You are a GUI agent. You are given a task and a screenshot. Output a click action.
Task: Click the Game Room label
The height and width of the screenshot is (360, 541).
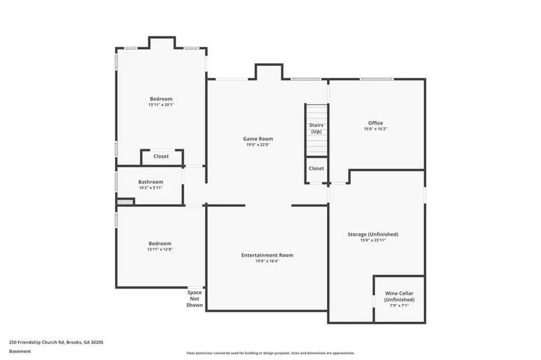pos(258,139)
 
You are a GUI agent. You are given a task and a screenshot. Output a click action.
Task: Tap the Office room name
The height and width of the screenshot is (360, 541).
pos(375,123)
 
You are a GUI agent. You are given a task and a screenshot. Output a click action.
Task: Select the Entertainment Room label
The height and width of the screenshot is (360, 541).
pos(267,255)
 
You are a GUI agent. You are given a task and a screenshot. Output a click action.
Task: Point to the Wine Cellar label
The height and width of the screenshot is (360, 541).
pos(399,293)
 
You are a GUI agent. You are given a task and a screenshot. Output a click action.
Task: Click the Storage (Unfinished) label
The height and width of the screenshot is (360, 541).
pos(373,235)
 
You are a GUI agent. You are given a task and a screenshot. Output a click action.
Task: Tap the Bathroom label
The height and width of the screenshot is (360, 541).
pos(151,182)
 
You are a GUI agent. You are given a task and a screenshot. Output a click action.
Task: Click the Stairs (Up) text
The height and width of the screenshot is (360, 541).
pos(316,128)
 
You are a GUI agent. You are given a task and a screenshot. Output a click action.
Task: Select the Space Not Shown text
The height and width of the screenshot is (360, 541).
pos(195,299)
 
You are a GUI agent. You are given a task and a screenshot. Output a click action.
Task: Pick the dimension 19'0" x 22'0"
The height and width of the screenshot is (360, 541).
pos(258,145)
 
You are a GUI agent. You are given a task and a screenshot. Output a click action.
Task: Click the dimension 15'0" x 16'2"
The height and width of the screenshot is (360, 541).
pos(375,129)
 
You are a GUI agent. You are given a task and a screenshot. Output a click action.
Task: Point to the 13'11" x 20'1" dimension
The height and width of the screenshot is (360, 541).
pos(161,105)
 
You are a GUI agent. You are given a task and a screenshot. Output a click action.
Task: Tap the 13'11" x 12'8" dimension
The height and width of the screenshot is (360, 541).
pos(160,250)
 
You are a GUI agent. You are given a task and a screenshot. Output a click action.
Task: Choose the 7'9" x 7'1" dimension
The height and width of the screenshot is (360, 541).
pos(399,306)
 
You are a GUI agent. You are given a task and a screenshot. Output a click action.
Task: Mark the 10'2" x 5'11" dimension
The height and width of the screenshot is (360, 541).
pos(151,188)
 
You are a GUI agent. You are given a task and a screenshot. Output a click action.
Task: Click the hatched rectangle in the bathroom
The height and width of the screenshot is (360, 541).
pos(125,202)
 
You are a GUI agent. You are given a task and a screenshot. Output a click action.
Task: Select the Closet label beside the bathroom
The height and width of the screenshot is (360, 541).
pos(161,156)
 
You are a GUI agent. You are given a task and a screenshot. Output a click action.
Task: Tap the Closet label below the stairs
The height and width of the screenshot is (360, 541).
pos(316,168)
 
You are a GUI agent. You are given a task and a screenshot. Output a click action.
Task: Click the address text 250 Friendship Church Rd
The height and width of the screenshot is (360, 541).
pos(37,343)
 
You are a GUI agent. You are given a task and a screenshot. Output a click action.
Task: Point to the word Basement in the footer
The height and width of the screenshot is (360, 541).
pos(20,352)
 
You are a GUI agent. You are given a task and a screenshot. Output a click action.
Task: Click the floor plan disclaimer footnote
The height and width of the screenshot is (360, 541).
pos(271,353)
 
